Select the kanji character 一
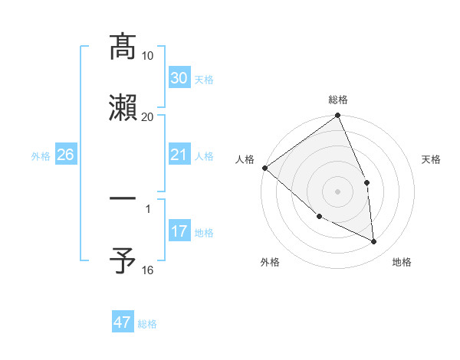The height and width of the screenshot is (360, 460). click(x=123, y=200)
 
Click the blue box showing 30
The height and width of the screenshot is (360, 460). click(x=179, y=78)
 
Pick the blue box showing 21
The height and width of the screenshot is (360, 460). click(x=179, y=155)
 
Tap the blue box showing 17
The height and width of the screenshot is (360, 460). click(x=179, y=231)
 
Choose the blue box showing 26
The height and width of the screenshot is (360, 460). click(x=65, y=155)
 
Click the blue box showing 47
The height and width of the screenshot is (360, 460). click(x=123, y=322)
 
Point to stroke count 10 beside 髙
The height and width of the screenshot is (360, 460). click(x=148, y=56)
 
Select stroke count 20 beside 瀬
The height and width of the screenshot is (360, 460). click(x=148, y=117)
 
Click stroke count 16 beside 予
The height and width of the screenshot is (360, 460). click(x=148, y=270)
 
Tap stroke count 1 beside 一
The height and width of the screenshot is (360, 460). click(x=148, y=209)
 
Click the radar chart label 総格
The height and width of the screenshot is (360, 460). click(x=337, y=100)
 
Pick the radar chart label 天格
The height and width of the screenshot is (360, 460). click(x=431, y=159)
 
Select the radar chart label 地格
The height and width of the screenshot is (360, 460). click(x=402, y=262)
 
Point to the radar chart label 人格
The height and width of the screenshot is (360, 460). click(x=245, y=159)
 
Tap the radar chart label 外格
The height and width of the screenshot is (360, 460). click(x=270, y=262)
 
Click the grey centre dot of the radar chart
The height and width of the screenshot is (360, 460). click(x=337, y=191)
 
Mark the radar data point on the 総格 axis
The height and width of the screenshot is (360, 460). click(x=337, y=116)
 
